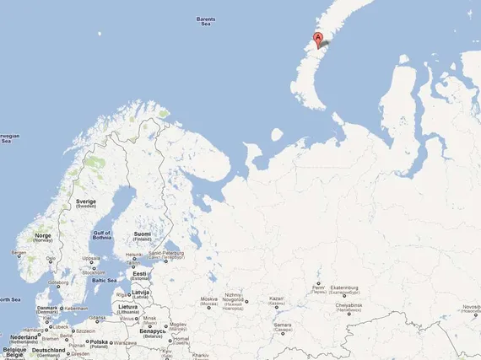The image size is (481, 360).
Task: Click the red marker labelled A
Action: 317,39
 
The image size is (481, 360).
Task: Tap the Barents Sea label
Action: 205,21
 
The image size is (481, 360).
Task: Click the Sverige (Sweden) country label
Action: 87,204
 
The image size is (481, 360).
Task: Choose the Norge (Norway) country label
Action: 43,237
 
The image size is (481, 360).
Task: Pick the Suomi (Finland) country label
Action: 142,235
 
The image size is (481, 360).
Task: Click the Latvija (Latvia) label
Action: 140,294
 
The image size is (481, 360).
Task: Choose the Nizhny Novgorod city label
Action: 234,298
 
